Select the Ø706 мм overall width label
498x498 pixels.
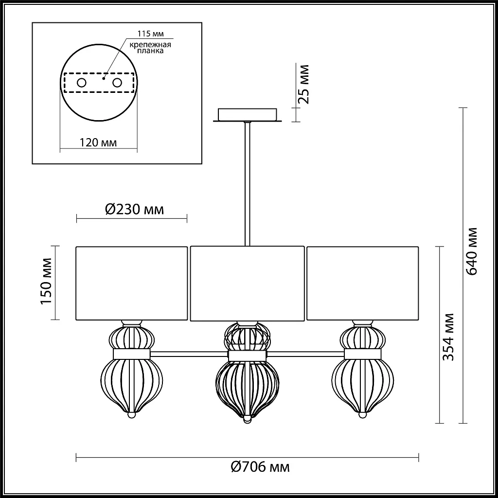pyautogui.click(x=260, y=468)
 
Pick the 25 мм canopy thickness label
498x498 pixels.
pyautogui.click(x=304, y=85)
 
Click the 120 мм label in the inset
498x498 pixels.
pyautogui.click(x=98, y=142)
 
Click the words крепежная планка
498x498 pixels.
pyautogui.click(x=150, y=48)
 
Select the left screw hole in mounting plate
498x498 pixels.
pyautogui.click(x=81, y=83)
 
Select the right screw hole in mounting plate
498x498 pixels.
pyautogui.click(x=117, y=83)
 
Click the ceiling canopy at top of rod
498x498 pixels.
pyautogui.click(x=248, y=115)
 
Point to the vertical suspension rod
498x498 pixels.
pyautogui.click(x=248, y=185)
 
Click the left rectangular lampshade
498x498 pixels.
pyautogui.click(x=132, y=283)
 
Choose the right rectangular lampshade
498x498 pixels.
pyautogui.click(x=362, y=283)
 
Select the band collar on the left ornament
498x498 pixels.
pyautogui.click(x=131, y=354)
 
